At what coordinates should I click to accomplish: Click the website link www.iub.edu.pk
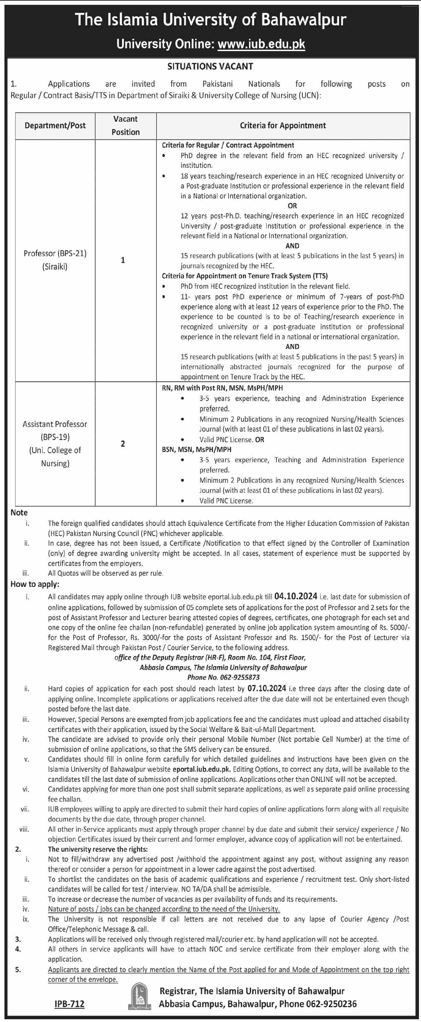pos(261,44)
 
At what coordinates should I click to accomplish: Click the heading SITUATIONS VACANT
pos(210,66)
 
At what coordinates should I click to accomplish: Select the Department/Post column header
pos(55,125)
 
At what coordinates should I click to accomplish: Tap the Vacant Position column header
pos(126,125)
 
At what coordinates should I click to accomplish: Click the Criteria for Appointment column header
pos(283,125)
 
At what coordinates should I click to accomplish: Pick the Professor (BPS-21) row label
pos(55,253)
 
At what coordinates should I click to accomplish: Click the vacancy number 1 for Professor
pos(123,260)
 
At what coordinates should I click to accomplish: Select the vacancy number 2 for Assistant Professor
pos(123,444)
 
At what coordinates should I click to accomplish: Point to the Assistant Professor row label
pos(55,424)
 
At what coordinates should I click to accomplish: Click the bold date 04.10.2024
pos(296,596)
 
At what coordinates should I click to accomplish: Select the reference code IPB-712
pos(70,1004)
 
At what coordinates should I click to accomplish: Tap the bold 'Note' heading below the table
pos(19,512)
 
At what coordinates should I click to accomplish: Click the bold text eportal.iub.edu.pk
pos(202,769)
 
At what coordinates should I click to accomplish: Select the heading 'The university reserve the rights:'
pos(97,849)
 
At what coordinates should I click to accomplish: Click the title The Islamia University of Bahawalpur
pos(211,20)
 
